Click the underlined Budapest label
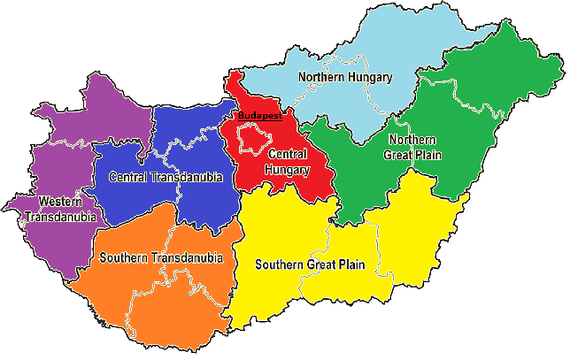pos(258,116)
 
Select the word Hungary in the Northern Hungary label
pos(370,77)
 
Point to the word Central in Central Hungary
pos(288,155)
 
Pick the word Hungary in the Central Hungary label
pos(288,169)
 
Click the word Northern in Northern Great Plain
pos(412,140)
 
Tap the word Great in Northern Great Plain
pos(398,155)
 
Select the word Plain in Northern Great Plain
pos(429,155)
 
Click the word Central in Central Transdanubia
pos(128,178)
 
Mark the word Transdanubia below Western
pos(63,216)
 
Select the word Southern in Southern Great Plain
pos(281,264)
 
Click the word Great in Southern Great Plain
pos(327,264)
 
